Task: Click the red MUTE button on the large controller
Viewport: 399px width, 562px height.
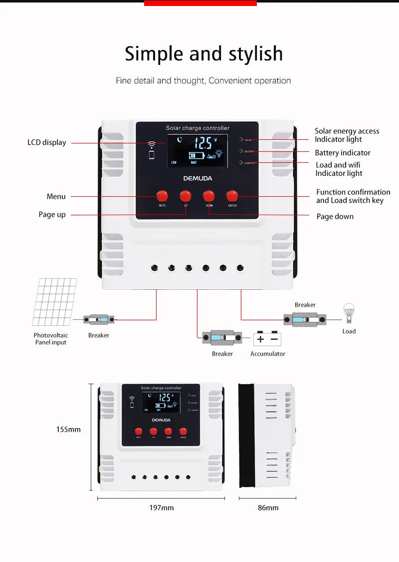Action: [x=162, y=195]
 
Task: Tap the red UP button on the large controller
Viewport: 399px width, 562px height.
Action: [x=186, y=195]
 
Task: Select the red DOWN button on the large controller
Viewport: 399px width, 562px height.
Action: [x=209, y=195]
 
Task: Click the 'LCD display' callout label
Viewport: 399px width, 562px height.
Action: [x=46, y=142]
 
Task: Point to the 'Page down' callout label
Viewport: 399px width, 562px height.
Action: [x=335, y=216]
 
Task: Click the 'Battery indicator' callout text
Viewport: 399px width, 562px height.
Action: [x=342, y=153]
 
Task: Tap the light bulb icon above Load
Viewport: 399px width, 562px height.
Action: [x=349, y=313]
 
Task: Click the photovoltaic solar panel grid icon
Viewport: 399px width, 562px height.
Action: [x=54, y=302]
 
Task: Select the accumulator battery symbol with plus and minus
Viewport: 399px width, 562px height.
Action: [x=267, y=339]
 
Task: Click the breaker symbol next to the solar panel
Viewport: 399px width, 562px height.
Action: [x=99, y=319]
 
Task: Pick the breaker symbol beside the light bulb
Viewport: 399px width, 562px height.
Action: [x=305, y=320]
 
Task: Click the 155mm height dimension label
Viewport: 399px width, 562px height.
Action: [x=68, y=430]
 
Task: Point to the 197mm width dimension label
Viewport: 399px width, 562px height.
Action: [x=162, y=508]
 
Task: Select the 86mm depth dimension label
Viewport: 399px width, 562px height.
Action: [x=268, y=508]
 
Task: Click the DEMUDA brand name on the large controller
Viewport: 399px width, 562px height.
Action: [x=198, y=178]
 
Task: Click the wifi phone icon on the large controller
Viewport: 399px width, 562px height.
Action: [x=151, y=150]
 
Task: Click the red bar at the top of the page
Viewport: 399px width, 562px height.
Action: [x=200, y=3]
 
